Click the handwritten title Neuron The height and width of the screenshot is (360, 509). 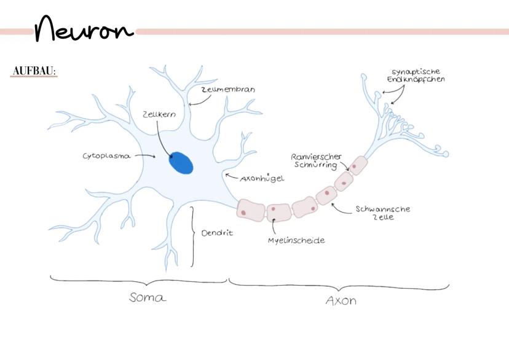point(84,29)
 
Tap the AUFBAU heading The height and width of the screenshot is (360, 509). point(34,71)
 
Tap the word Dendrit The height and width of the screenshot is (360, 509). point(217,233)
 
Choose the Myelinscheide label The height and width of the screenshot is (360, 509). point(296,240)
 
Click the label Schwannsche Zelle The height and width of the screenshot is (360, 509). point(382,213)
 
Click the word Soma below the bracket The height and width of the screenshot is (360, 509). point(148,298)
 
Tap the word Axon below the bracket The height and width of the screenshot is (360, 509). point(341,301)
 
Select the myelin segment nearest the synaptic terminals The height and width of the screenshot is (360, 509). point(358,165)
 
